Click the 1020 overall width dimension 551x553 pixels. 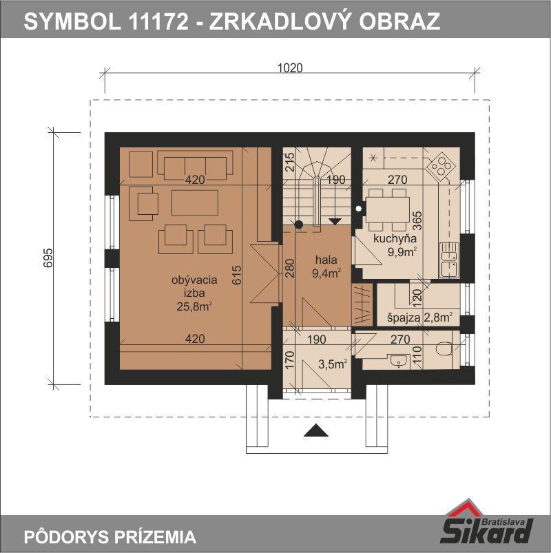[290, 68]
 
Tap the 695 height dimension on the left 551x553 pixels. [48, 258]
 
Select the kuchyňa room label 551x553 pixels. [395, 239]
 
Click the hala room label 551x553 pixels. [326, 260]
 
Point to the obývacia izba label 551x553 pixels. [194, 286]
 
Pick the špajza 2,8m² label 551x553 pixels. [419, 317]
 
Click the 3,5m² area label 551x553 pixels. [332, 364]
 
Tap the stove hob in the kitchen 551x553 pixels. [441, 165]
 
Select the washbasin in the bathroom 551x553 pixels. [399, 362]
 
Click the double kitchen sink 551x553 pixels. [448, 260]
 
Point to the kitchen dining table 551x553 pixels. [388, 209]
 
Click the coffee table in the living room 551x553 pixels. [195, 202]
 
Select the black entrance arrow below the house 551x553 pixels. [316, 430]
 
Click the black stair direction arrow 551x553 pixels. [335, 222]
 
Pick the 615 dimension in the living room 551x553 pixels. [237, 275]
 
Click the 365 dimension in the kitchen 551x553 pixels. [417, 220]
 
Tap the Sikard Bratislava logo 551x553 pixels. [487, 523]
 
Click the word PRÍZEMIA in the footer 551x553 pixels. [155, 537]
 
